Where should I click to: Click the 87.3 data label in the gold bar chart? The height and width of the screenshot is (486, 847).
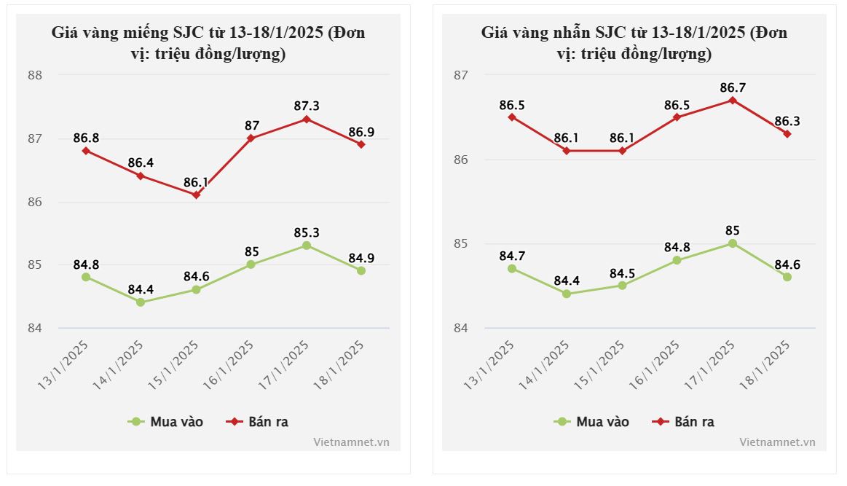click(306, 106)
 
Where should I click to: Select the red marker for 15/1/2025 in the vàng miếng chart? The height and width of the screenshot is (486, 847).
click(196, 195)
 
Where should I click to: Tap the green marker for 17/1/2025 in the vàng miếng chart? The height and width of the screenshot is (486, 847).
click(306, 246)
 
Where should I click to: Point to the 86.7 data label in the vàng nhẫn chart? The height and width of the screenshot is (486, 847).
click(732, 88)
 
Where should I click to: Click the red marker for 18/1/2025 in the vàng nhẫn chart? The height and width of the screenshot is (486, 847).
click(787, 134)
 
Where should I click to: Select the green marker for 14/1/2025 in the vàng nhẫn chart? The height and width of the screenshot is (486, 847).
click(567, 294)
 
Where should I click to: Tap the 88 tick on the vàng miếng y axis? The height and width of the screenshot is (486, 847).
click(35, 75)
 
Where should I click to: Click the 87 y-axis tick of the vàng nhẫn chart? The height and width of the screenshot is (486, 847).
click(461, 75)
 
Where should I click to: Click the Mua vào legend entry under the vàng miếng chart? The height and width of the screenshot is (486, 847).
click(166, 422)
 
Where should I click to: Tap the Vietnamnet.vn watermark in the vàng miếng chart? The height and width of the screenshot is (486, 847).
click(351, 442)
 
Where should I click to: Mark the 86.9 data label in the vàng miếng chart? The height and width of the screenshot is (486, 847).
click(361, 133)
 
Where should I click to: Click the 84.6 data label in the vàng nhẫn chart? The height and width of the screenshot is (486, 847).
click(787, 264)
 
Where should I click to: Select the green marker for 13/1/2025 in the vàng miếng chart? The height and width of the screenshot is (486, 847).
click(86, 277)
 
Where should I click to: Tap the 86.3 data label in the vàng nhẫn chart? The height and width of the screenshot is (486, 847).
click(787, 121)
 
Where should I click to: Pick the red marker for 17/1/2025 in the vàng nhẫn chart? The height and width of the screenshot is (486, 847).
click(732, 101)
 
